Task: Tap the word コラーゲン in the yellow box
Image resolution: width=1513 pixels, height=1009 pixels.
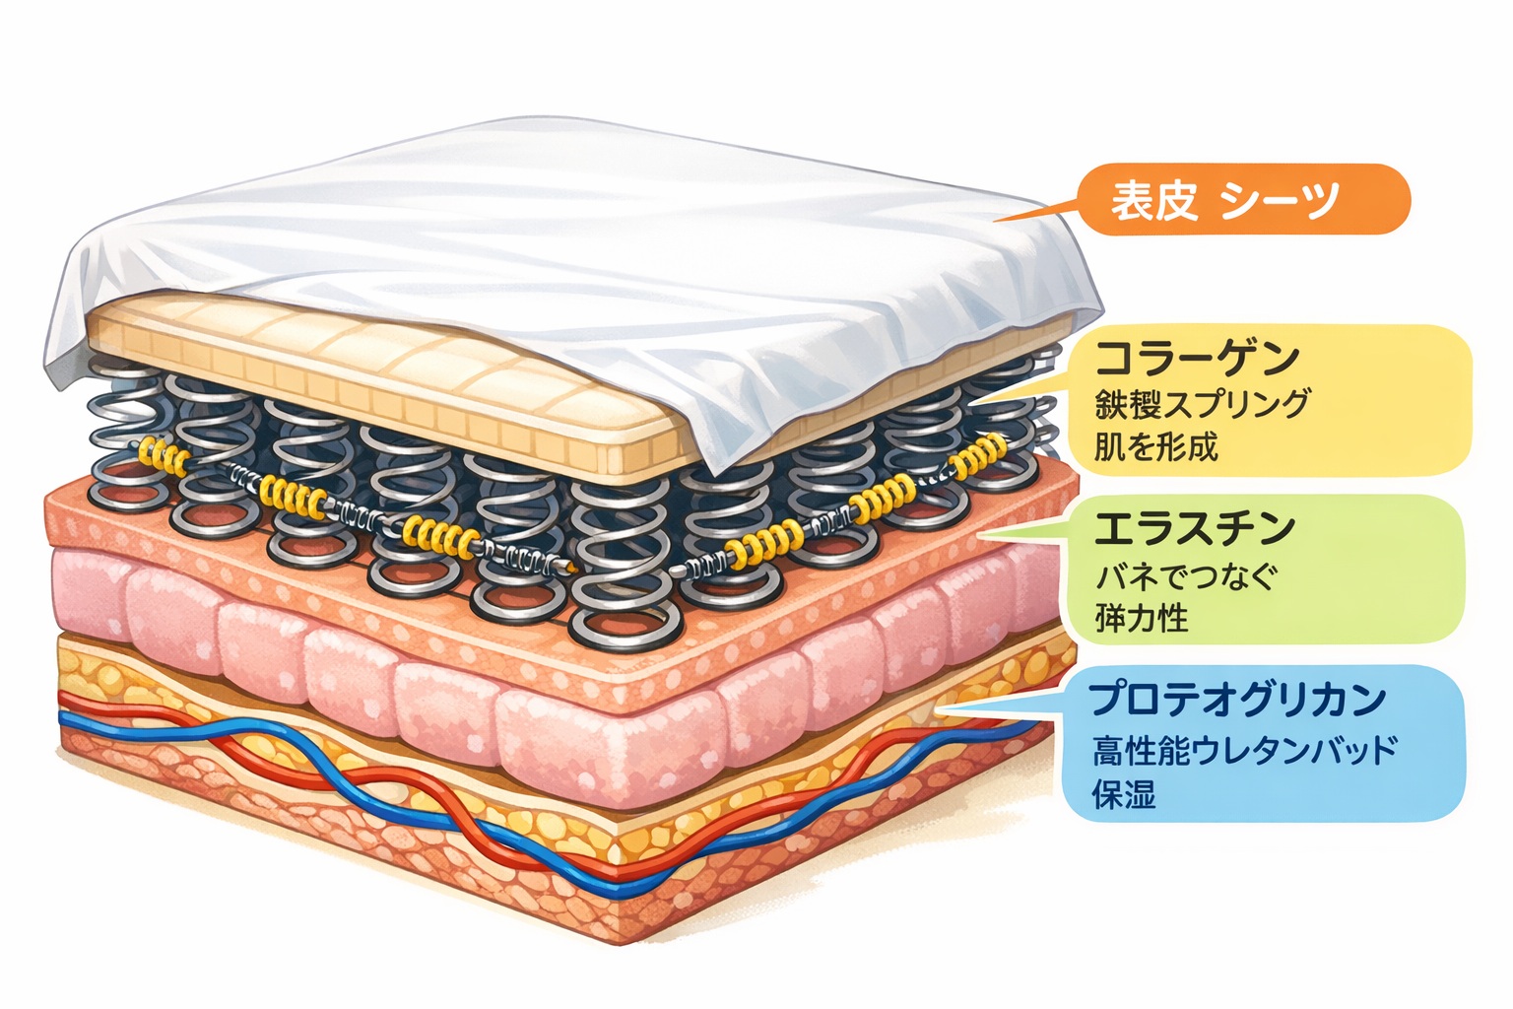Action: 1196,358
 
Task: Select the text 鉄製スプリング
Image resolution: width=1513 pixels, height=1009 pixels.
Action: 1202,404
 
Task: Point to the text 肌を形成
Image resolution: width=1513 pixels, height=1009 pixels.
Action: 1155,448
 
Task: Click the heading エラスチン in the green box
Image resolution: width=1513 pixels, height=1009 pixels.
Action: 1194,529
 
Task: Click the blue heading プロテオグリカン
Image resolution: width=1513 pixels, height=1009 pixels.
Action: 1237,700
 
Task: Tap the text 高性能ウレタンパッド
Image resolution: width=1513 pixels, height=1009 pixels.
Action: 1244,751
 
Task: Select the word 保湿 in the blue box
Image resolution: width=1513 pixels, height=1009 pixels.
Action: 1123,794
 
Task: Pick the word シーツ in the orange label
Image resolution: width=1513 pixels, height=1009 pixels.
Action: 1279,200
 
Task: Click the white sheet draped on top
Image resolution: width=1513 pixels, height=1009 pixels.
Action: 552,217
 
